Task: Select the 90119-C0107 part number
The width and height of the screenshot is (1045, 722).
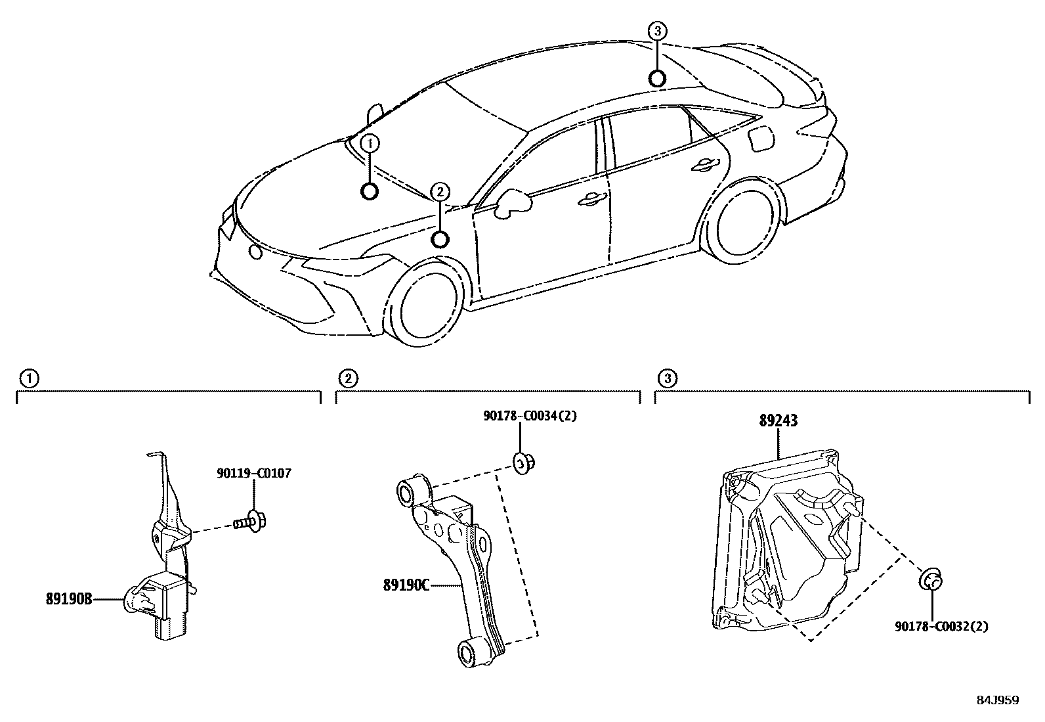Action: [253, 473]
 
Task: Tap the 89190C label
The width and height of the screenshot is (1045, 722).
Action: [406, 584]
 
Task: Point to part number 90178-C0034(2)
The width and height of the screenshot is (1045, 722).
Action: [530, 415]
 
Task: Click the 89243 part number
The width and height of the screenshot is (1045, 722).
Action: [778, 421]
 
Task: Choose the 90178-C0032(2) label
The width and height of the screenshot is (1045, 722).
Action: [941, 626]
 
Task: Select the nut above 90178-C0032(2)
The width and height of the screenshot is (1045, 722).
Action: [931, 581]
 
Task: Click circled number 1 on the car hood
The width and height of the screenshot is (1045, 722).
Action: [370, 143]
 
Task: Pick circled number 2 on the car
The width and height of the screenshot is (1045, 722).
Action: [440, 192]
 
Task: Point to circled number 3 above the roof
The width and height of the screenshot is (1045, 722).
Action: [658, 30]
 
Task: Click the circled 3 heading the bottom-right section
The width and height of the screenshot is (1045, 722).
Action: [667, 378]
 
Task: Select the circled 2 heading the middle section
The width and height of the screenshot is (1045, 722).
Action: [347, 378]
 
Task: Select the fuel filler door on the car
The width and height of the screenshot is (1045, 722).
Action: [759, 139]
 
